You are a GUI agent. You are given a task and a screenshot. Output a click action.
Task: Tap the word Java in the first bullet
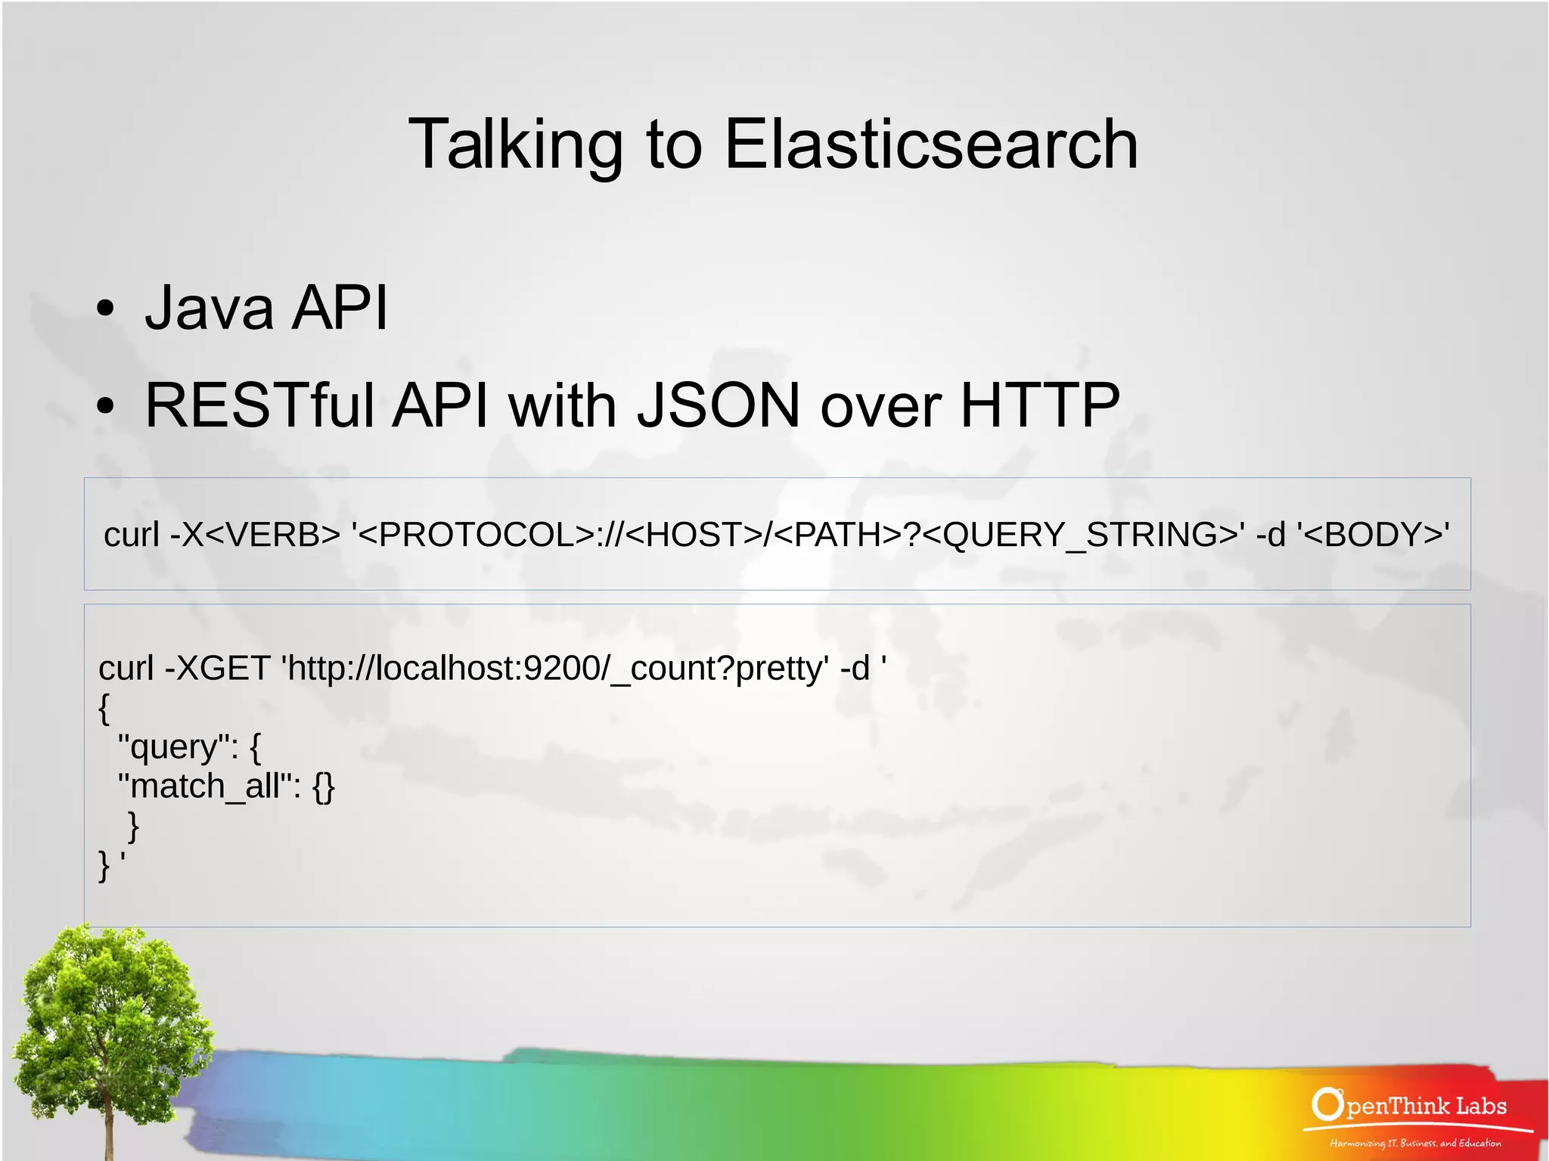pos(209,307)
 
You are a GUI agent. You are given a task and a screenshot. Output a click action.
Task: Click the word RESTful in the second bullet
pos(259,405)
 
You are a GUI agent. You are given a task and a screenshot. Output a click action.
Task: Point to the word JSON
pos(718,405)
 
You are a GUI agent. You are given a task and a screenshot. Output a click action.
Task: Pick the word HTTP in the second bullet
pos(1039,405)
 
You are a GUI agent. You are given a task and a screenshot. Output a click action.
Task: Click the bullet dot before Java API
pos(105,309)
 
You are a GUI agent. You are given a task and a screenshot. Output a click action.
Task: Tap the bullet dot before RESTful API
pos(105,406)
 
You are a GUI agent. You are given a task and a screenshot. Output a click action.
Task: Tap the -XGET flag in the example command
pos(217,669)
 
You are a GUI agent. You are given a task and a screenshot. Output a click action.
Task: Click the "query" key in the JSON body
pos(173,747)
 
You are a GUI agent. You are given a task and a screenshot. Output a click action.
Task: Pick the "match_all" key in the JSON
pos(204,787)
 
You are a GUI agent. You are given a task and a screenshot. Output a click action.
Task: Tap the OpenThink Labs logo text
pos(1410,1106)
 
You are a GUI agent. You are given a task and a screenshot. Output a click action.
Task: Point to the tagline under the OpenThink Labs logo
pos(1415,1143)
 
